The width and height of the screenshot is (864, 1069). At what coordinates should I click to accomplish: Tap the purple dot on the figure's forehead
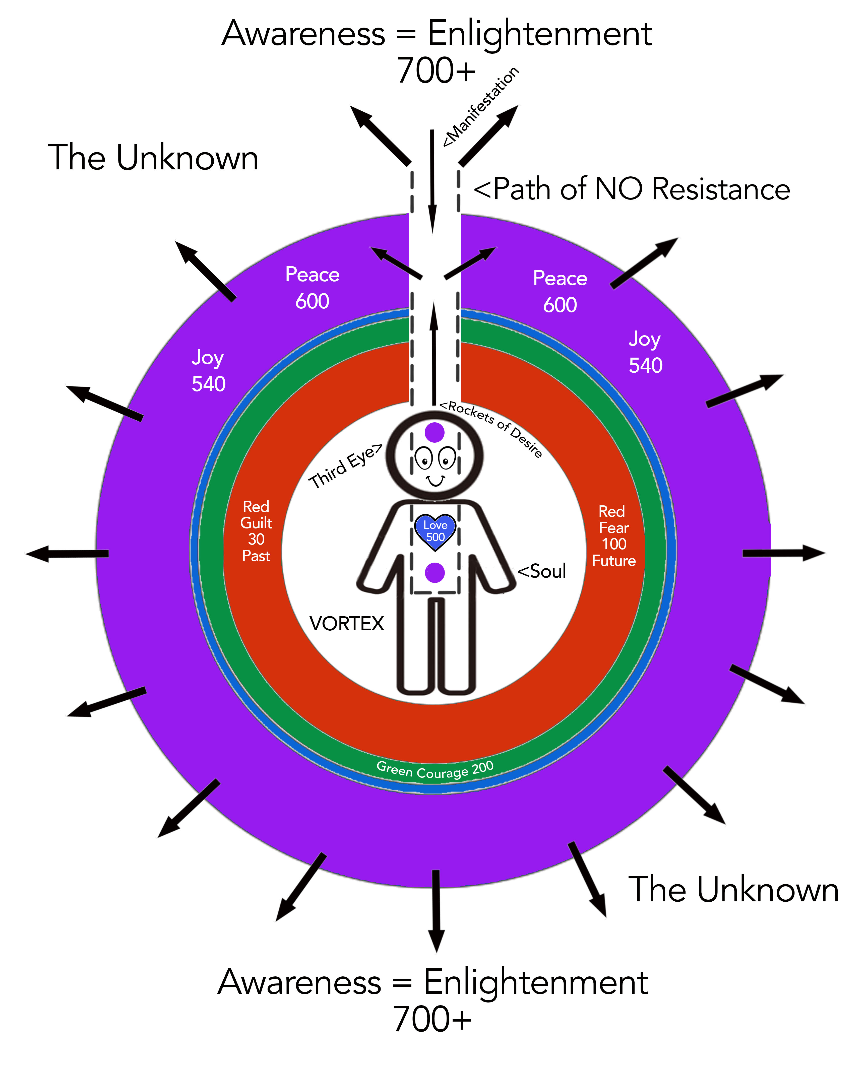[x=435, y=432]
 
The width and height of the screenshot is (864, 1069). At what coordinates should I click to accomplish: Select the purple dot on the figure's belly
[x=435, y=573]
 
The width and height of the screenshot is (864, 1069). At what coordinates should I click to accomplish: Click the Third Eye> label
[x=345, y=466]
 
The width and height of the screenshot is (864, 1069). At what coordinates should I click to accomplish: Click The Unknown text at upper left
[x=153, y=158]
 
